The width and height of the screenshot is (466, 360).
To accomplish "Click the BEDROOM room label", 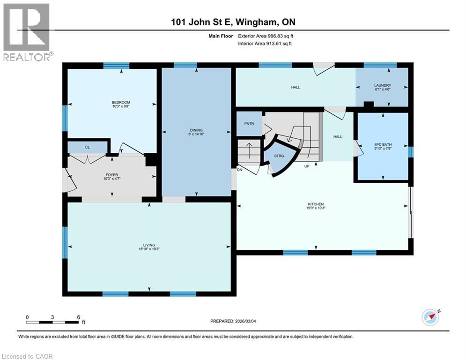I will click(x=121, y=103).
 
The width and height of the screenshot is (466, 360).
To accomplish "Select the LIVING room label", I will click(x=149, y=245).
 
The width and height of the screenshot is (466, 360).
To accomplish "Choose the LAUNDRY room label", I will click(x=382, y=85).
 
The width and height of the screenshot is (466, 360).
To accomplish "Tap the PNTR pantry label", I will click(x=249, y=124).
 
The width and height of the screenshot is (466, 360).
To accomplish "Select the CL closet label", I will click(x=87, y=147).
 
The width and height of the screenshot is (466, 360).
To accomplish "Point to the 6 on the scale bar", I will click(x=78, y=317).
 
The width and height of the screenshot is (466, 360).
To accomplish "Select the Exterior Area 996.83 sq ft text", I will click(x=266, y=36).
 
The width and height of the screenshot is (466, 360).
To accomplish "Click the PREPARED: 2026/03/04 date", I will click(x=233, y=321).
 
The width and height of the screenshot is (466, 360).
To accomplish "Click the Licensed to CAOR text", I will click(x=27, y=356).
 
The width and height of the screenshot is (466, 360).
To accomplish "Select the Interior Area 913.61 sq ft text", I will click(x=265, y=44).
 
